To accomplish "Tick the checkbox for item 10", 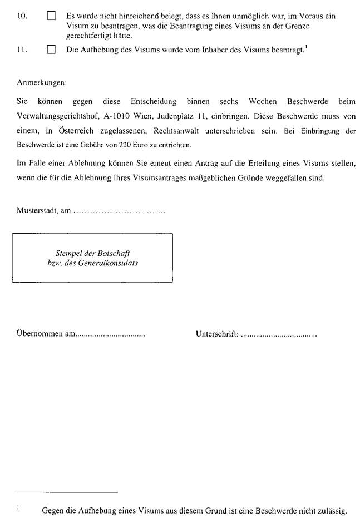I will (52, 17).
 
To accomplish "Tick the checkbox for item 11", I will (52, 50).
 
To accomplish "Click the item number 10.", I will (22, 17).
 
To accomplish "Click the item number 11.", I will (22, 50).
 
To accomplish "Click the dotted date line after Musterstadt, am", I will (119, 212).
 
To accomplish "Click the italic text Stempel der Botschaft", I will (93, 253).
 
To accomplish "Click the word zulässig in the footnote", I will (331, 510).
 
